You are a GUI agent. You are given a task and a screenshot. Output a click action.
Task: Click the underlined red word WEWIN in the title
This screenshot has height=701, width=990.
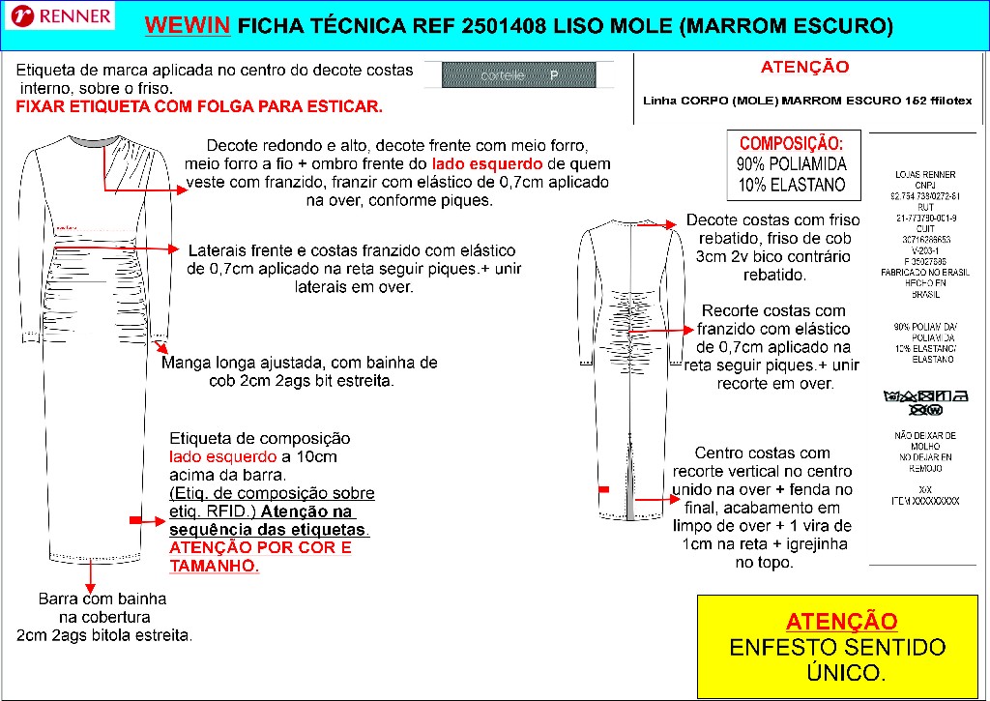click(x=187, y=26)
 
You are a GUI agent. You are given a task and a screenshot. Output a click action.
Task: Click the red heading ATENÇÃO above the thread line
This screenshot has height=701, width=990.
click(x=804, y=68)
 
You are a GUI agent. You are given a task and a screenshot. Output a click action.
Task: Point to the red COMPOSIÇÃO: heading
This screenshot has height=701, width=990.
click(x=791, y=142)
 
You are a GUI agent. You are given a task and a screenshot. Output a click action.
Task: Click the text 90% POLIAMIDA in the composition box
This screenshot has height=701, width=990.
click(x=791, y=163)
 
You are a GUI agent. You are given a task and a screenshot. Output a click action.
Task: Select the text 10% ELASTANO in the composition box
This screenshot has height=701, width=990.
click(x=791, y=185)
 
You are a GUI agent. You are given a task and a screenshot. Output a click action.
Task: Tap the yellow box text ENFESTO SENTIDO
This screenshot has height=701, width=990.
click(x=837, y=646)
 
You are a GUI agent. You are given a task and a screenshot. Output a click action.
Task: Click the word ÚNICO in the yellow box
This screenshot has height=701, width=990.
click(x=840, y=671)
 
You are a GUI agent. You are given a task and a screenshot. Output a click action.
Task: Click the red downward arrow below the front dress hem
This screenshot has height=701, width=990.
click(x=90, y=577)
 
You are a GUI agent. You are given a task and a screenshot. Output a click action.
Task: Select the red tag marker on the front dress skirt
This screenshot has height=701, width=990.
click(x=135, y=521)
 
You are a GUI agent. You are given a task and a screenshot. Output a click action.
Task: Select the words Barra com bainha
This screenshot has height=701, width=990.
click(x=102, y=599)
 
